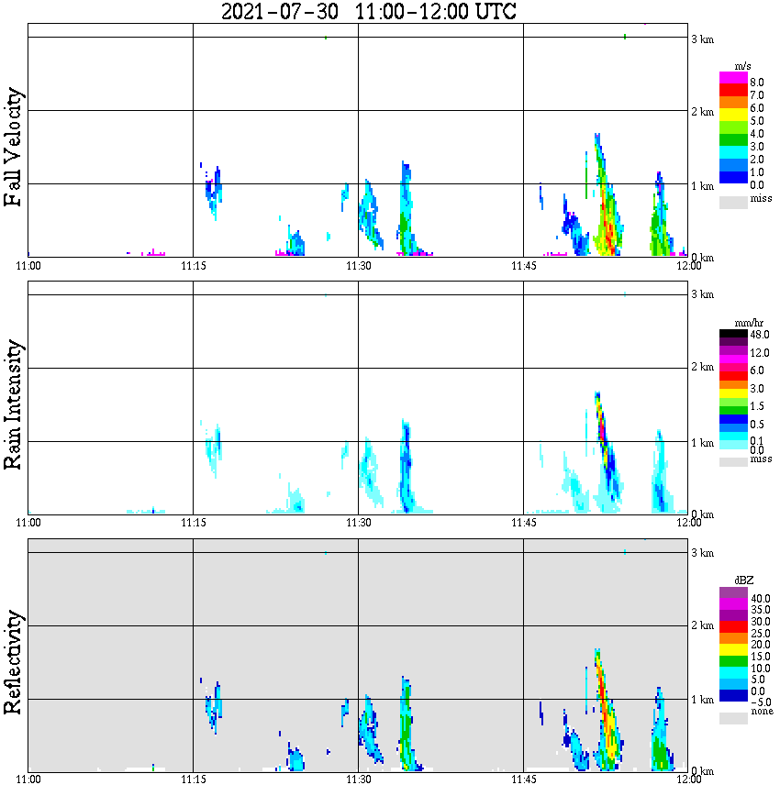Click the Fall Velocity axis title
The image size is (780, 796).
click(x=13, y=148)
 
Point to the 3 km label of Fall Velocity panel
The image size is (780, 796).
click(x=703, y=39)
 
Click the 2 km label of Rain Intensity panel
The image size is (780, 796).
click(x=703, y=368)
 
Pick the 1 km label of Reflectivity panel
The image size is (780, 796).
click(x=703, y=700)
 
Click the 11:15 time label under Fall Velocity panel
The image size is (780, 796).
click(x=193, y=266)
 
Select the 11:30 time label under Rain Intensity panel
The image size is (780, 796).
click(x=358, y=523)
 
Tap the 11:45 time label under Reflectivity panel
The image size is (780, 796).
click(x=523, y=780)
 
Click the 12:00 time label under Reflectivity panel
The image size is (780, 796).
click(x=688, y=780)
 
